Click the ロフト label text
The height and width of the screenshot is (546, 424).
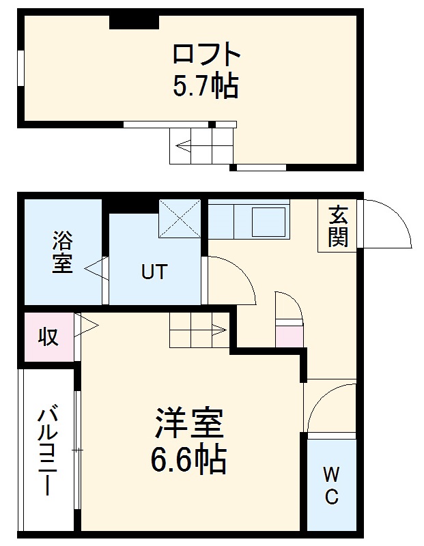coord(206,54)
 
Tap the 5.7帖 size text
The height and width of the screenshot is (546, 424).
coord(206,87)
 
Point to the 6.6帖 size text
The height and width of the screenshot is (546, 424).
coord(189,461)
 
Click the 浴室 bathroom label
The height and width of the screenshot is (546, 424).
coord(62,253)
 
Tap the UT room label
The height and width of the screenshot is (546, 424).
coord(153,272)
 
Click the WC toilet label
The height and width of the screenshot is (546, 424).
coord(331,485)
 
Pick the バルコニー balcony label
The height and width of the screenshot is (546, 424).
coord(47,451)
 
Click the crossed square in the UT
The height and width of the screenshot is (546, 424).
coord(180,218)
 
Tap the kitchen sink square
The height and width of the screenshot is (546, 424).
coord(268,221)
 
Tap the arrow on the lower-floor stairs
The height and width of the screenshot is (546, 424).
coord(217,330)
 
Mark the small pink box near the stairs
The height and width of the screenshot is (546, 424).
coord(288,336)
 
